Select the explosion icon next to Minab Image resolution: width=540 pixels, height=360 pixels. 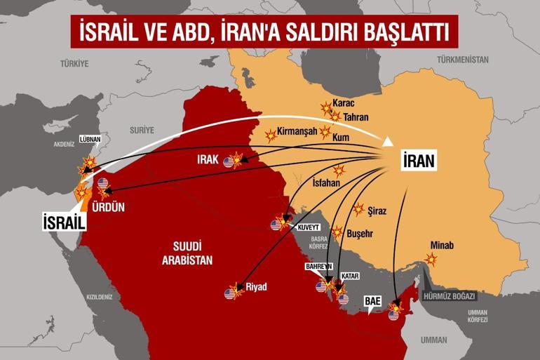point(431,259)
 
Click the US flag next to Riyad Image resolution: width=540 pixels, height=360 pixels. point(229,293)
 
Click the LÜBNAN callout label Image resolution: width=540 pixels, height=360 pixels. point(90,140)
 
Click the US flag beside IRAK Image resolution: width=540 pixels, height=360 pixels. point(229,163)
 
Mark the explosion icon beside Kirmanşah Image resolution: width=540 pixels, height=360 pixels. point(270,134)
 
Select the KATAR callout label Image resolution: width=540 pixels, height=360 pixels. point(350,277)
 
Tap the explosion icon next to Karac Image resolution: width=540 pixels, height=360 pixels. point(325,108)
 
